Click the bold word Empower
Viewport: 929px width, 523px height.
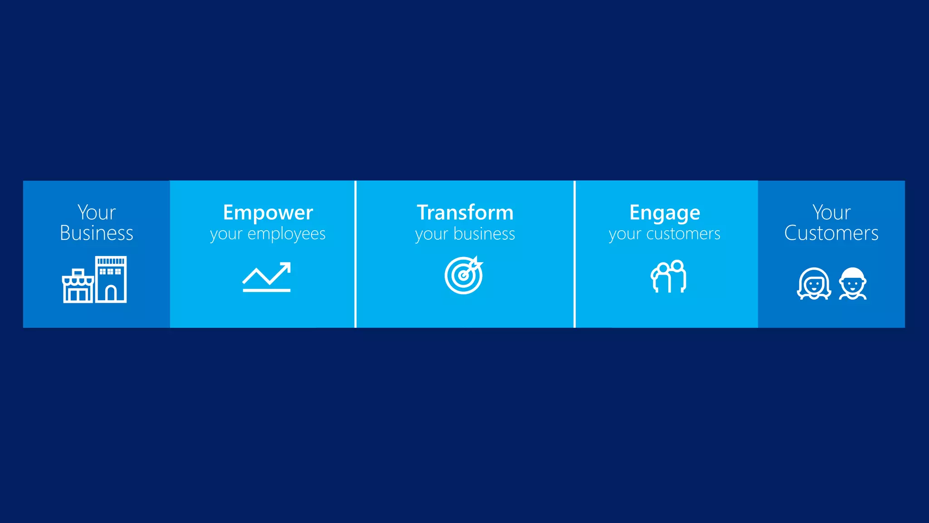[268, 212]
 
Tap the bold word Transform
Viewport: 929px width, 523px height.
[465, 212]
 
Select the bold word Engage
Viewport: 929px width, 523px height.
[665, 212]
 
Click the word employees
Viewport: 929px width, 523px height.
[286, 234]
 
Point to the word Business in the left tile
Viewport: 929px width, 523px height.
[96, 233]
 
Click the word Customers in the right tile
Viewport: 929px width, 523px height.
[831, 233]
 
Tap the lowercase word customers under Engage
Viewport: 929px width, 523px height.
[683, 234]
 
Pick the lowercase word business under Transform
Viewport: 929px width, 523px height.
[484, 234]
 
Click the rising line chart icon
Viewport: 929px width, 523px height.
[266, 277]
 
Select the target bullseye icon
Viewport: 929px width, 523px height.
[464, 276]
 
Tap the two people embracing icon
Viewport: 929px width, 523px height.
[669, 276]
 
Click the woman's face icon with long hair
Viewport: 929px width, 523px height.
[814, 284]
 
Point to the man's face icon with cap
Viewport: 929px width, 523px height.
[853, 284]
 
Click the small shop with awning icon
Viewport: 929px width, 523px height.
[78, 287]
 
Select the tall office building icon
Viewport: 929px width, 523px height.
[111, 279]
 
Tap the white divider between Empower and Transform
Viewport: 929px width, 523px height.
[356, 254]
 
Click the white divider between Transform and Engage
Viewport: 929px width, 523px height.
[574, 254]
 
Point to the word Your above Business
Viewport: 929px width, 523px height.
[96, 212]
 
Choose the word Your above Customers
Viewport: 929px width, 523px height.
[831, 212]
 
